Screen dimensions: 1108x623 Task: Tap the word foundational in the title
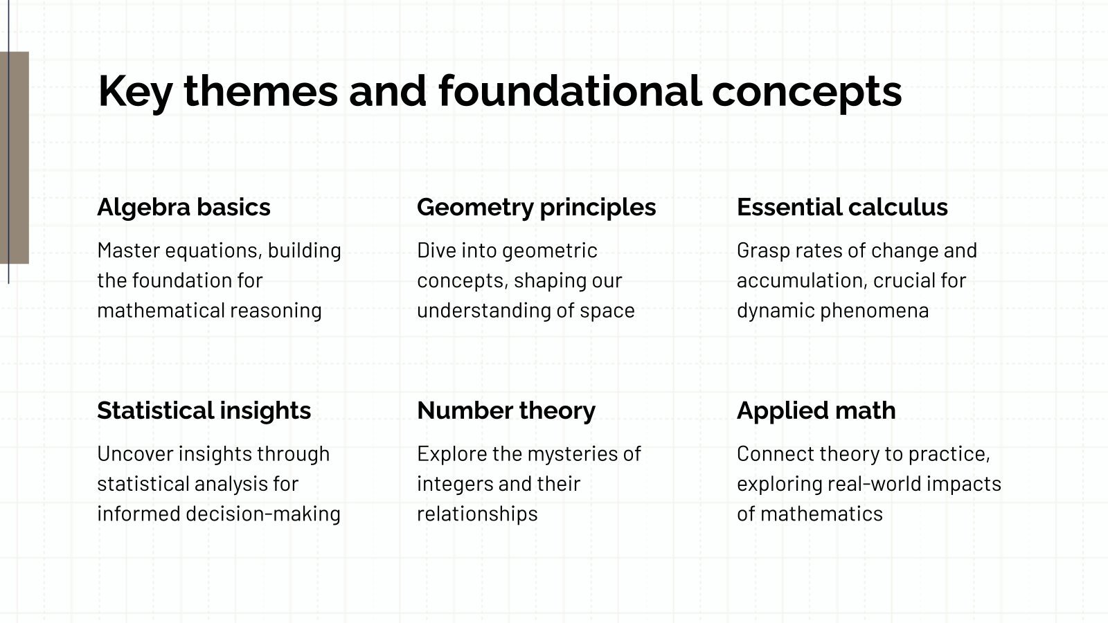tap(570, 91)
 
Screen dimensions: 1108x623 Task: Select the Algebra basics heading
tap(184, 207)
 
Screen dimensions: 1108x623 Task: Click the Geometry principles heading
tap(536, 208)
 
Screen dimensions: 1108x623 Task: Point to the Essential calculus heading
tap(842, 207)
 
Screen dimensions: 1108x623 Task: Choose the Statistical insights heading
tap(204, 410)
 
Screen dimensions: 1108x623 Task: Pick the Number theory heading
tap(506, 410)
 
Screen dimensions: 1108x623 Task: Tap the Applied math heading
tap(816, 411)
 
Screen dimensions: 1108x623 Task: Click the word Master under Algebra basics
tap(129, 251)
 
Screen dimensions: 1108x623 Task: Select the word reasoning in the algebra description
tap(276, 311)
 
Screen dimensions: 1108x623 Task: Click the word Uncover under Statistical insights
tap(135, 454)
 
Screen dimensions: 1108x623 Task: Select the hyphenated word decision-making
tap(263, 514)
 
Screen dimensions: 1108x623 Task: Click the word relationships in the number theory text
tap(477, 514)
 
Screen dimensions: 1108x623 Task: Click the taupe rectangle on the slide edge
tap(15, 158)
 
